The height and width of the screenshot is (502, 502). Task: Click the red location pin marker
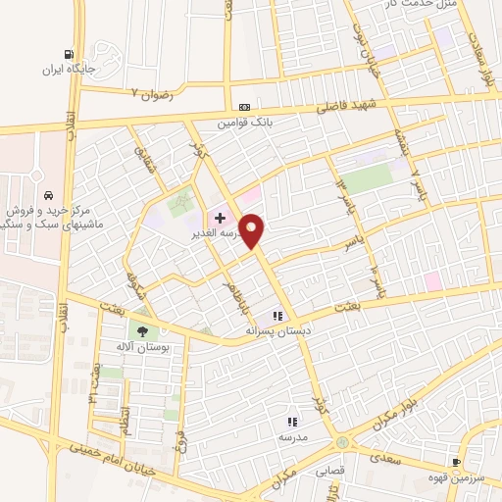(253, 230)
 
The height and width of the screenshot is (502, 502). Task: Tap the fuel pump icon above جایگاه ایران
(68, 55)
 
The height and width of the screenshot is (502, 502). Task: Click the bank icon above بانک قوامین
(243, 108)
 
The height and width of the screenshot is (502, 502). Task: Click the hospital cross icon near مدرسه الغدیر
(220, 218)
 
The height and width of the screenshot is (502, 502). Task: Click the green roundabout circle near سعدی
(341, 442)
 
